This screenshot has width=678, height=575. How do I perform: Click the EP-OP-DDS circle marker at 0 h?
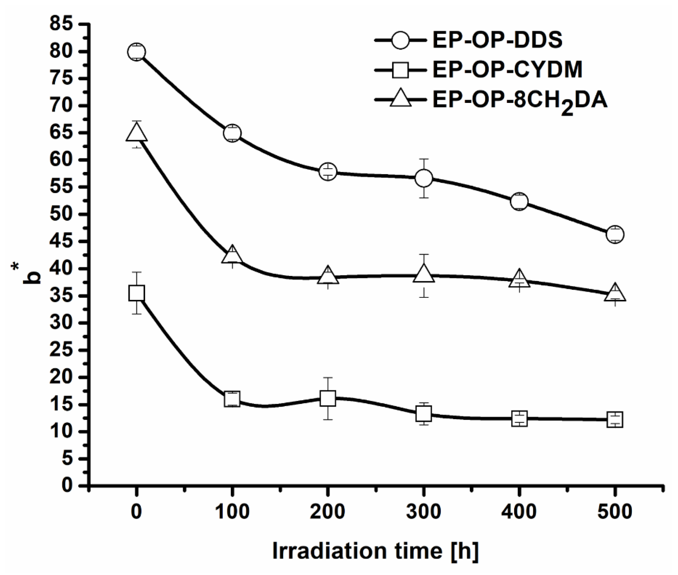(x=137, y=52)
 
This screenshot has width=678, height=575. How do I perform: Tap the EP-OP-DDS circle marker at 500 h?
(x=615, y=234)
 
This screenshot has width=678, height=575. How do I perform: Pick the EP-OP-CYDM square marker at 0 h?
(x=137, y=293)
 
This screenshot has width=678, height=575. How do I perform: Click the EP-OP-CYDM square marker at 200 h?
(x=328, y=398)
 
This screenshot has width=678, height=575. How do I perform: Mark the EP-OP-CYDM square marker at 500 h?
(x=615, y=419)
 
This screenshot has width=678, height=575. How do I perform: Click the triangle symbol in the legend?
(x=400, y=99)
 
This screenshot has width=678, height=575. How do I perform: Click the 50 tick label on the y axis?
(x=61, y=214)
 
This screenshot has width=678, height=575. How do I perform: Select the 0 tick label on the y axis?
(x=67, y=486)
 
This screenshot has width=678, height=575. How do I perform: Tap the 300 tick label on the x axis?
(x=424, y=512)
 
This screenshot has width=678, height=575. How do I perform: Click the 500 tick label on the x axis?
(x=615, y=512)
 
